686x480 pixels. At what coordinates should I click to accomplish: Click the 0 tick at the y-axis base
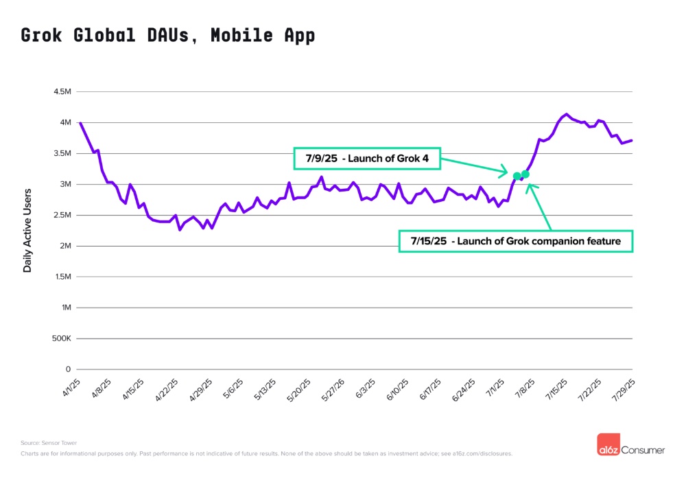point(68,369)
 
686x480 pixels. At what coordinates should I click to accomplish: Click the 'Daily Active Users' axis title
point(28,230)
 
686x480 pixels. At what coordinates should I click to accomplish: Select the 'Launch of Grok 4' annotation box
point(366,159)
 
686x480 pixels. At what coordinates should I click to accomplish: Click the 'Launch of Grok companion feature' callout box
point(515,240)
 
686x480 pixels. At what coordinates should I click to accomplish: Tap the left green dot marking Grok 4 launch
point(517,176)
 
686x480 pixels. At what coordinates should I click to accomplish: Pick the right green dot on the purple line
point(525,174)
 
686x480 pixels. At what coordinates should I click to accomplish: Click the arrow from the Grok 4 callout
point(473,165)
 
